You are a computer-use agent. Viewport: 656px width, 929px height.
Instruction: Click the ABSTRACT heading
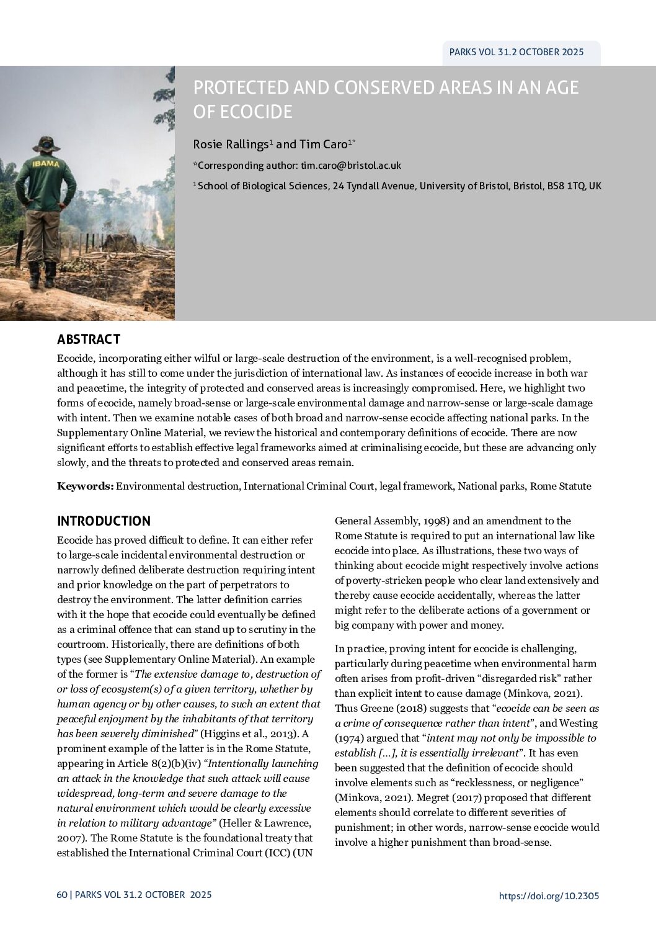89,339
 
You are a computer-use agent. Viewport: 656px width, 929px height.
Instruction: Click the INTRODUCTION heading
104,521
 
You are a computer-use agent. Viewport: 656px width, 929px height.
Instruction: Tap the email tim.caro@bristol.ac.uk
350,166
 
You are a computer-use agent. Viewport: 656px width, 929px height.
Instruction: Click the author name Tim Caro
323,145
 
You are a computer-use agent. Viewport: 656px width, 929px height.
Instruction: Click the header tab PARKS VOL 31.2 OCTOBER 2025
516,52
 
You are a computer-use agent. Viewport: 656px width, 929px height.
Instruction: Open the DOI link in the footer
549,895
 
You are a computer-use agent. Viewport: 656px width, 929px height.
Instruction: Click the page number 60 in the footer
61,895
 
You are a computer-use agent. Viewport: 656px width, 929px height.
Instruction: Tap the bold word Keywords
85,487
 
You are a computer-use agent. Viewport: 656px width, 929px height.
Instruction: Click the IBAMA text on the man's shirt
46,164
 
